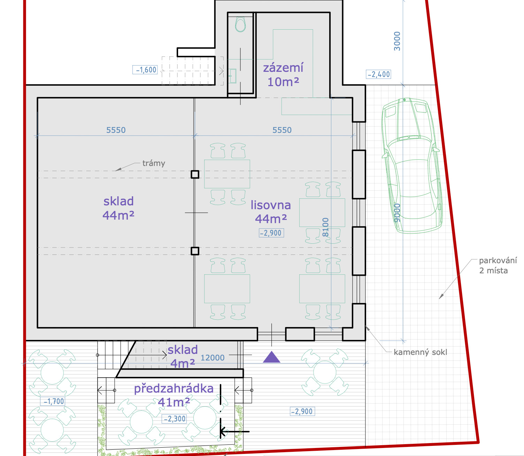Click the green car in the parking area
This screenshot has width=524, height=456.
point(412,166)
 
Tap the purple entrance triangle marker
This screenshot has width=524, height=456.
point(271,357)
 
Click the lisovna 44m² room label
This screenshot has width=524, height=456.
point(271,212)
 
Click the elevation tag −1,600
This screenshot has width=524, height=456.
point(145,70)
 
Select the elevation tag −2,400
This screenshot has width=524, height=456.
point(378,74)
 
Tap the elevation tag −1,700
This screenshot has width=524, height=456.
point(53,401)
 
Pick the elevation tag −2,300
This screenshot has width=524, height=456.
point(175,419)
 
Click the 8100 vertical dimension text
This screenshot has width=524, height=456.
point(325,227)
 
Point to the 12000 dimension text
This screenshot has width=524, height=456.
point(212,358)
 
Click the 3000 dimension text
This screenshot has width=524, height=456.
point(397,41)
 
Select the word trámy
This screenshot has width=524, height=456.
point(154,163)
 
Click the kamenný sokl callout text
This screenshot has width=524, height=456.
point(420,352)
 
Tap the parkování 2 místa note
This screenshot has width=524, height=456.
point(498,266)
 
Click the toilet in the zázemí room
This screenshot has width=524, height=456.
point(240,24)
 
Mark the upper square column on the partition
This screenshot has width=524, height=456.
point(195,174)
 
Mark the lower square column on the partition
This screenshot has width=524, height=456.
point(195,251)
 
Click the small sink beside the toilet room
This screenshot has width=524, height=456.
point(233,76)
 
